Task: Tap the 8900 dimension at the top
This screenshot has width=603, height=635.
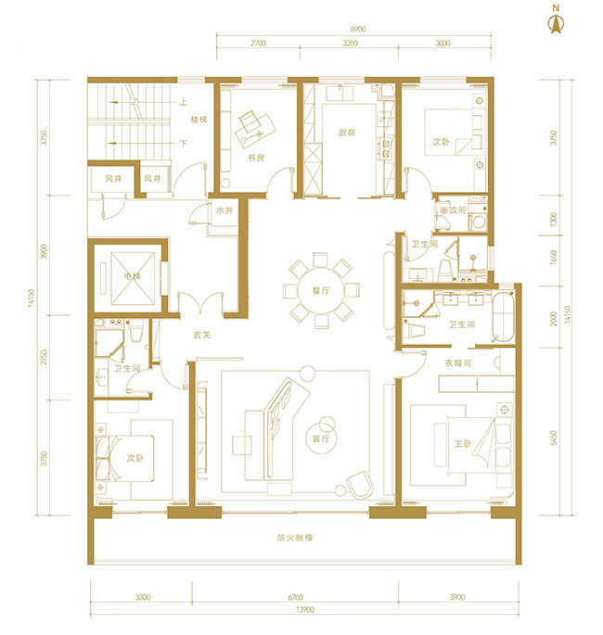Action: [x=353, y=29]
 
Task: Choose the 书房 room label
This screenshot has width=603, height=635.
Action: [x=256, y=159]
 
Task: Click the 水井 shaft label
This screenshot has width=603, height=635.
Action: [x=224, y=210]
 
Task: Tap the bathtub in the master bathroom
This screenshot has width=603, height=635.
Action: [x=502, y=314]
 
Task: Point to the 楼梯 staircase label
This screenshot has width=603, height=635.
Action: [x=199, y=120]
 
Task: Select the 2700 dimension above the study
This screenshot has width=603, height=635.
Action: [x=258, y=43]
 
